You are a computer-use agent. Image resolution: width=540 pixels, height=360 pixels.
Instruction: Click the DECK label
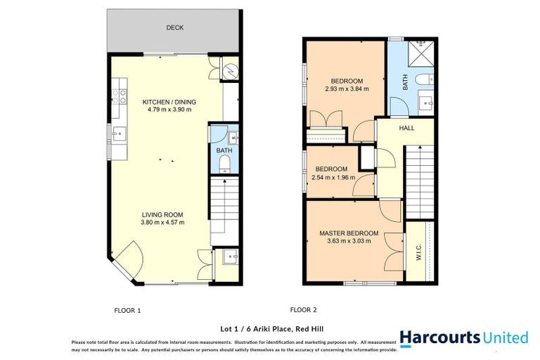[x=174, y=28]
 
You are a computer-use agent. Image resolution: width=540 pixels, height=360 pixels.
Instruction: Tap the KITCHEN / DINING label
[x=169, y=101]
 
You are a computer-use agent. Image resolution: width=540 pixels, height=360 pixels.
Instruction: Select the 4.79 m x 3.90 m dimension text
[x=169, y=110]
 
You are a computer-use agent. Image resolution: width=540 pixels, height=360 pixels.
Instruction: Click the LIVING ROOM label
[x=162, y=214]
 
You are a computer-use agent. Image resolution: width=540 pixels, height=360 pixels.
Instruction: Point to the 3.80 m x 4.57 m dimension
[x=162, y=223]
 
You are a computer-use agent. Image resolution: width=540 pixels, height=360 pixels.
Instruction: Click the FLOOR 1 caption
[x=127, y=309]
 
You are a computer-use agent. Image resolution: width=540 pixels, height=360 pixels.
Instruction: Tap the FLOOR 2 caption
[x=304, y=309]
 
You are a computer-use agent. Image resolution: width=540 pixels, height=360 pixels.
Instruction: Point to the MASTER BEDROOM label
[x=349, y=233]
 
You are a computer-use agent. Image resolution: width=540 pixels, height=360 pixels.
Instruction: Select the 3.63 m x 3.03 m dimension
[x=349, y=241]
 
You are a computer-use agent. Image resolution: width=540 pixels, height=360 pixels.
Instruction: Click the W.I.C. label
[x=419, y=251]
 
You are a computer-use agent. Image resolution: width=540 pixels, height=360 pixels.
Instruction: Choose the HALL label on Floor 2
[x=406, y=129]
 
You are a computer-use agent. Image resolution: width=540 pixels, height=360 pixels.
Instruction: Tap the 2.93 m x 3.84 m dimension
[x=347, y=89]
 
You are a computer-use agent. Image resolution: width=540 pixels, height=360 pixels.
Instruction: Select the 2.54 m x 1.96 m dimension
[x=330, y=178]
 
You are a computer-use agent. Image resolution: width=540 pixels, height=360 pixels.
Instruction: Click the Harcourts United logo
[x=463, y=337]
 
